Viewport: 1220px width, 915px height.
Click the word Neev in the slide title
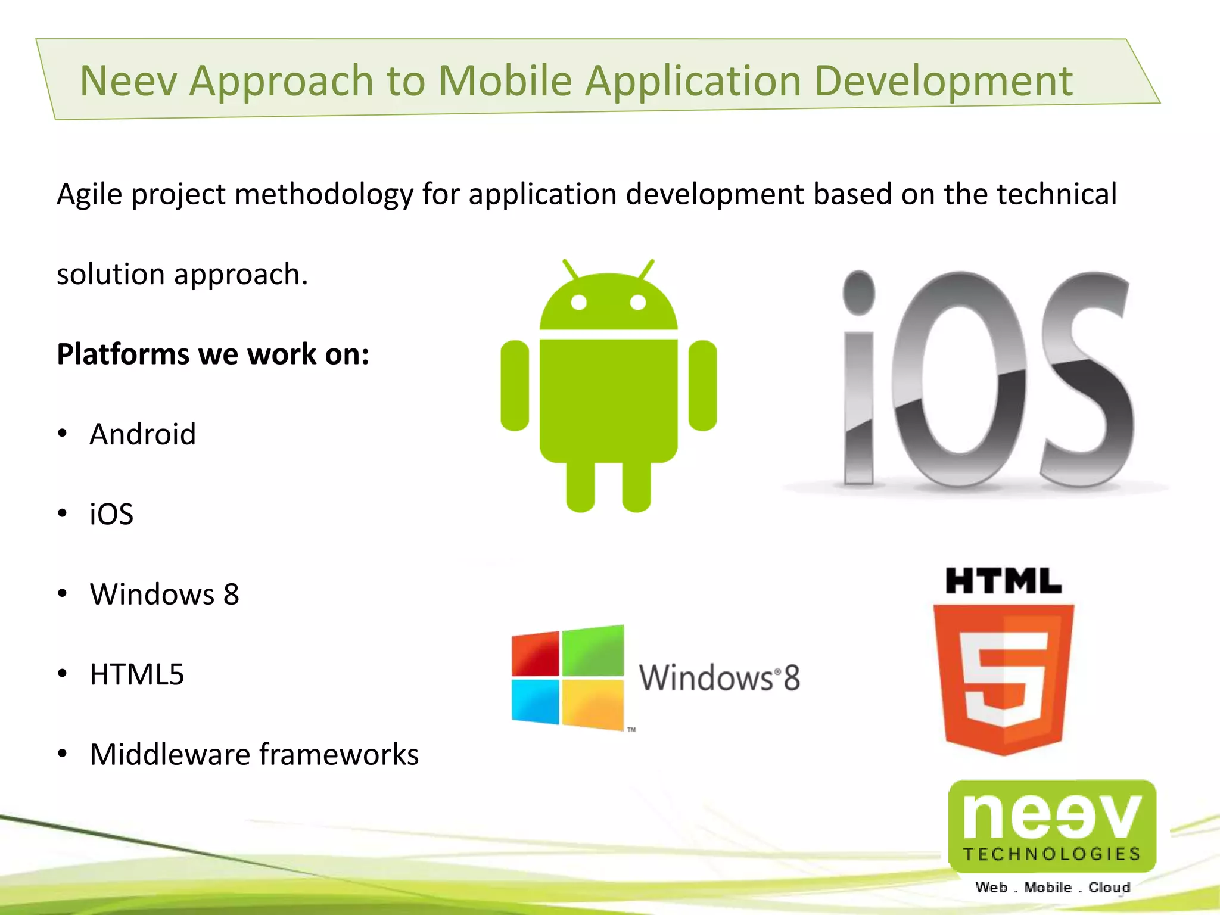(128, 80)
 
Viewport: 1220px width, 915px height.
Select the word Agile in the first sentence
(89, 195)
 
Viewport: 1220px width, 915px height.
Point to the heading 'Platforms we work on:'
(213, 354)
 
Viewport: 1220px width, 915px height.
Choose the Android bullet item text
(142, 434)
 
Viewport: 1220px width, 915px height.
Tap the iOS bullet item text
(111, 514)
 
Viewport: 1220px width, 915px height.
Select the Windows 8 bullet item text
(164, 594)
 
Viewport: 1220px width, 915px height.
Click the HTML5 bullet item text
(137, 674)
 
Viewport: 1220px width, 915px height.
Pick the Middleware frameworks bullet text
(254, 754)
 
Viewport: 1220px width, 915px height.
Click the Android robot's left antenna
(570, 269)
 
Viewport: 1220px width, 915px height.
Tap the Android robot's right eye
(638, 303)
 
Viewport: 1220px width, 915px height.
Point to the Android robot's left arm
(515, 385)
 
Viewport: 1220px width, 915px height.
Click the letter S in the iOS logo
(1087, 381)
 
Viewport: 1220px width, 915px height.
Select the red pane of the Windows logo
(536, 654)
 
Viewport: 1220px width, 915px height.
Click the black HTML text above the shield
(1003, 581)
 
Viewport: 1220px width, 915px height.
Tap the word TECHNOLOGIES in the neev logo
(1052, 854)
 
